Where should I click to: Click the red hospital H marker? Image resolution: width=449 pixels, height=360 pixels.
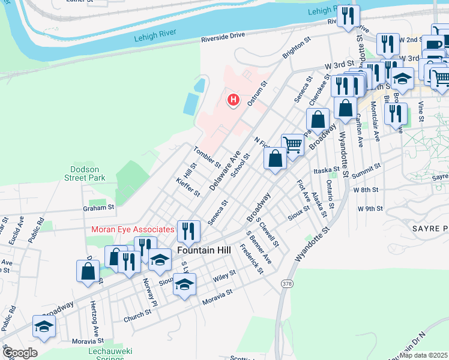[x=233, y=99]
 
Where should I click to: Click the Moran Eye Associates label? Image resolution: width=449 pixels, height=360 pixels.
[x=133, y=229]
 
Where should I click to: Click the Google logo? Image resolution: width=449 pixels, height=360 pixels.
[x=19, y=353]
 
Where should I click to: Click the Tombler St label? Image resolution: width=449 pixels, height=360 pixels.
[x=207, y=155]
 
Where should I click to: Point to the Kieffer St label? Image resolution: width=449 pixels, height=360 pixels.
[x=188, y=187]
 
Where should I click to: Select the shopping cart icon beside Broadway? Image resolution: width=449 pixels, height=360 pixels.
[x=292, y=143]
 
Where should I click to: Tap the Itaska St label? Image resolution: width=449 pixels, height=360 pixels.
[x=327, y=170]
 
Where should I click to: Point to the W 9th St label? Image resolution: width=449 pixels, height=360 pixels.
[x=370, y=209]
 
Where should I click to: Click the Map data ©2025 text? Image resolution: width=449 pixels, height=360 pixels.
[x=424, y=355]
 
